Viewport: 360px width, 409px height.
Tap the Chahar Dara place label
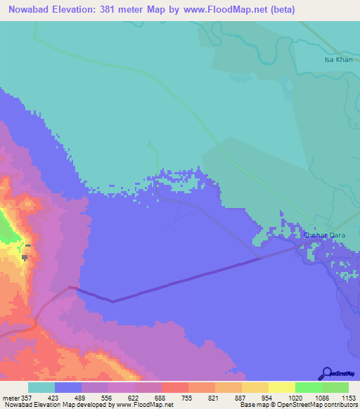(x=326, y=235)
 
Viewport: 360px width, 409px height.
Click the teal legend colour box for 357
(x=41, y=387)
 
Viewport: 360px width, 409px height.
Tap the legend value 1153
(x=349, y=397)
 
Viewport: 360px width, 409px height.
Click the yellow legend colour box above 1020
(x=281, y=387)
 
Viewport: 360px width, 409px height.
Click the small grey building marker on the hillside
(x=26, y=257)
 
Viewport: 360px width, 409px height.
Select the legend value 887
(x=242, y=397)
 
